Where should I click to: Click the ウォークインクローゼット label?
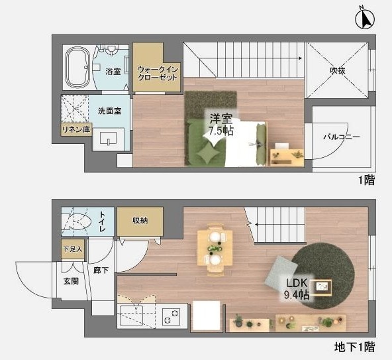pos(158,73)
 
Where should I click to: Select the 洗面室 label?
pos(109,111)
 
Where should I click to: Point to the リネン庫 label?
pos(75,130)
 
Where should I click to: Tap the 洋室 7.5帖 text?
pos(220,125)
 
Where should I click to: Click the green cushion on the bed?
pos(208,154)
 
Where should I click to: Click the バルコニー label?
pos(341,137)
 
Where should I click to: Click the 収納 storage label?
pos(139,220)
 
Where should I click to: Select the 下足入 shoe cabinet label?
pos(73,249)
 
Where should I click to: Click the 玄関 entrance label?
pos(71,280)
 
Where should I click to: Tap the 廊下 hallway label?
pos(101,270)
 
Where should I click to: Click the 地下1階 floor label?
pos(354,346)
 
